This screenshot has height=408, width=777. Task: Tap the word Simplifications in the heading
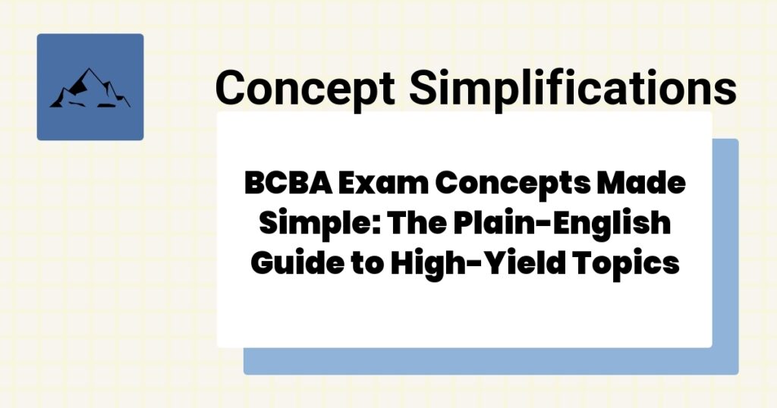point(574,88)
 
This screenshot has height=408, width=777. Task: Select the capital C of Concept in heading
point(232,88)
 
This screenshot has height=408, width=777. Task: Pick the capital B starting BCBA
point(253,184)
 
